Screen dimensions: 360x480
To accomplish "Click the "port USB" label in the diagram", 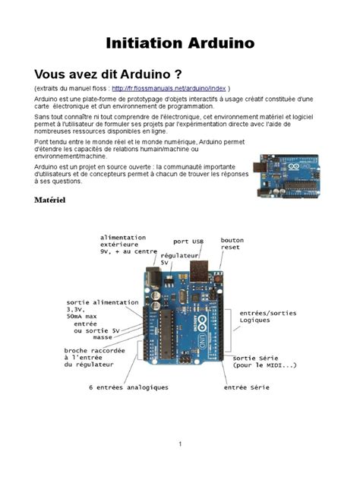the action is [x=188, y=242].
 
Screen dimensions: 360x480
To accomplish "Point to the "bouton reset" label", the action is [x=232, y=244].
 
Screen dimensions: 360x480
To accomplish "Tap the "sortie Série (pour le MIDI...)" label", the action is [x=265, y=361].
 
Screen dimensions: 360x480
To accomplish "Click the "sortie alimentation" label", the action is [x=102, y=302].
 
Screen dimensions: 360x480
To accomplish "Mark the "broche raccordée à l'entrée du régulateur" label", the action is [x=90, y=358].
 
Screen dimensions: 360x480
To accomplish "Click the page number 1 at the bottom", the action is [x=180, y=444].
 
